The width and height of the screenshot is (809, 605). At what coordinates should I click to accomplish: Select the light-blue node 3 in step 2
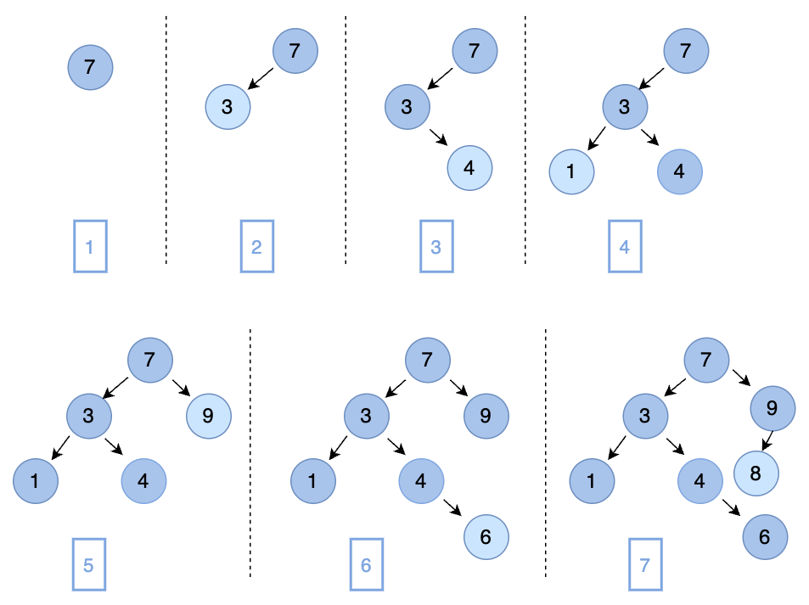(228, 107)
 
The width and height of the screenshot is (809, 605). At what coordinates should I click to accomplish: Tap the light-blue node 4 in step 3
(469, 167)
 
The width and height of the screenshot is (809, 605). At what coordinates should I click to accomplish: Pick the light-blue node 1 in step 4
(570, 171)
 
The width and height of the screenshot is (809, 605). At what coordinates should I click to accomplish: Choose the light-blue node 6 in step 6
(486, 536)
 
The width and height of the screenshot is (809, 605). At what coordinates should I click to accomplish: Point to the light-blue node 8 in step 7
(756, 473)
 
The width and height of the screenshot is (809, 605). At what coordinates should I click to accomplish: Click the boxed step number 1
(90, 247)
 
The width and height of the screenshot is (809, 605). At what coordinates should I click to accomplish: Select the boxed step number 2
(257, 247)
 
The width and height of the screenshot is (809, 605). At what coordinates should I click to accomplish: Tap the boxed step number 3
(436, 247)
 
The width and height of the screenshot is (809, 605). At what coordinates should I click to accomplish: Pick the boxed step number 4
(625, 247)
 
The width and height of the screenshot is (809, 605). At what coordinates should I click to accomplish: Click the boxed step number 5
(88, 565)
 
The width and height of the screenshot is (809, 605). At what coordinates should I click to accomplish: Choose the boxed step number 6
(366, 565)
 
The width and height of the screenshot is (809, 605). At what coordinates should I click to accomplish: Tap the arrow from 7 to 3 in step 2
(261, 78)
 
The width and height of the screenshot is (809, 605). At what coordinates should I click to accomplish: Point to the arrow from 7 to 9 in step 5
(181, 387)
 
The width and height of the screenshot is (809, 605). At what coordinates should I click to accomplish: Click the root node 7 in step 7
(705, 359)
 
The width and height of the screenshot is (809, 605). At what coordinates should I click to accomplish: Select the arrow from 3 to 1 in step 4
(596, 137)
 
